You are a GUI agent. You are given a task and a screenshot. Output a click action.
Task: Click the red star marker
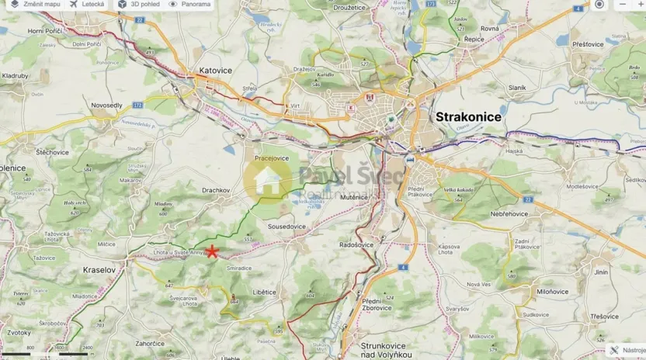click(x=211, y=251)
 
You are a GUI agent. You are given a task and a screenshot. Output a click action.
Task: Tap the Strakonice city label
click(x=468, y=116)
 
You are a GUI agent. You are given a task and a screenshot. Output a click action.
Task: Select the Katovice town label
click(x=215, y=71)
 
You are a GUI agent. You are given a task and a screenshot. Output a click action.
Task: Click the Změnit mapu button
click(x=35, y=5)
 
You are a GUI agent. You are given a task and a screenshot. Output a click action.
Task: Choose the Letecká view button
click(x=87, y=5)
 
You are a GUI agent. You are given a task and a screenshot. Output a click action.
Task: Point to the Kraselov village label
click(x=99, y=270)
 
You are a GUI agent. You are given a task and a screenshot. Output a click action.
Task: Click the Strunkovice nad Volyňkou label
click(x=391, y=350)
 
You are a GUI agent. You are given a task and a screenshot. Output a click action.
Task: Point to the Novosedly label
click(x=106, y=105)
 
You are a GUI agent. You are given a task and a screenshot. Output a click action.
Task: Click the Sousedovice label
click(x=287, y=227)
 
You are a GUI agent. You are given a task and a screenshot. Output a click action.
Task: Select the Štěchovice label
click(x=51, y=153)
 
